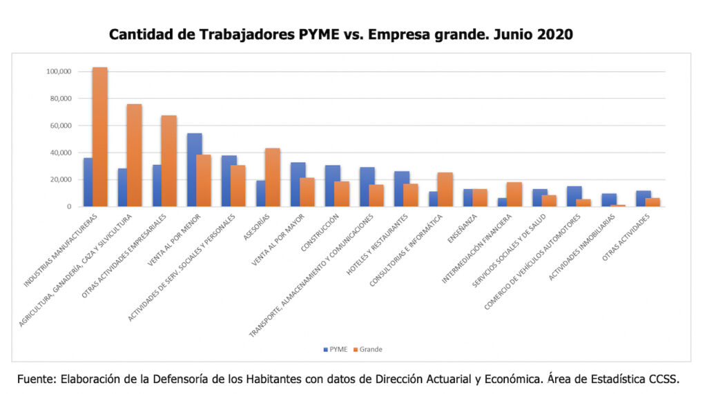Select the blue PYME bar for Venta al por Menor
[195, 170]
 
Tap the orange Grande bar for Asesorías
[273, 177]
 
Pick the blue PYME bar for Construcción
[333, 186]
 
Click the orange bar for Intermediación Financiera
[514, 194]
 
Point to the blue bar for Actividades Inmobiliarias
[609, 199]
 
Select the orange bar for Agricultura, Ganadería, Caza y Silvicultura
[135, 155]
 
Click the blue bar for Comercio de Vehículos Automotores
[574, 196]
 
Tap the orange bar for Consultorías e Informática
[445, 189]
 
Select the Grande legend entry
[367, 349]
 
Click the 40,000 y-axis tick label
[60, 152]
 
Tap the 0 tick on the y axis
[70, 206]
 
